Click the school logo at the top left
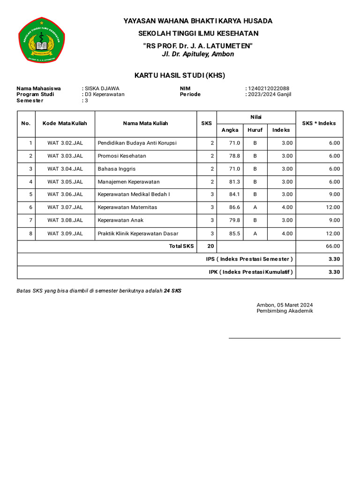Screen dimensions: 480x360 pos(41,40)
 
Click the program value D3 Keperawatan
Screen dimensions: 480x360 pos(105,94)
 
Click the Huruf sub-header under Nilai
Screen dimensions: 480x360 pos(255,130)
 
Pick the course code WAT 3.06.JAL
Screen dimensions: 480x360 pos(65,195)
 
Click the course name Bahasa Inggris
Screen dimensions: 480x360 pos(117,169)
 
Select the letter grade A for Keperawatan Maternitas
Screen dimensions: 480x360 pos(255,207)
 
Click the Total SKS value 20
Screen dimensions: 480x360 pos(210,246)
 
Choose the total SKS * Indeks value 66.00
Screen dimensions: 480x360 pos(333,246)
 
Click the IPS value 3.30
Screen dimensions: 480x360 pos(334,259)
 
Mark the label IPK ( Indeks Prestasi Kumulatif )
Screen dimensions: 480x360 pos(251,272)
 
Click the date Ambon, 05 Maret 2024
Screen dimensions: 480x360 pos(285,305)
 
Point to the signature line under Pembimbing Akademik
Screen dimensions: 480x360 pos(284,337)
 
